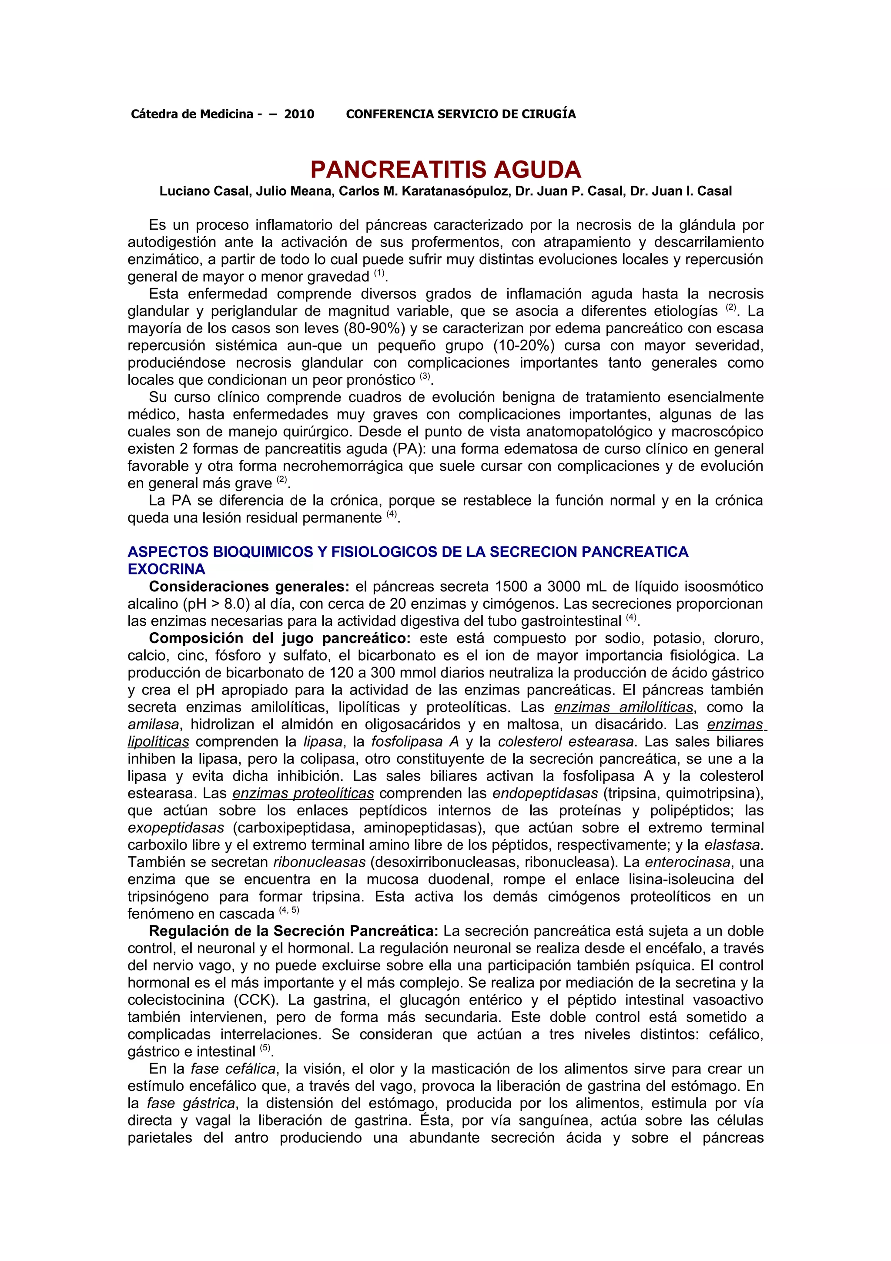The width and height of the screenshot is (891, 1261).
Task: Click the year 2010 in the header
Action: click(299, 114)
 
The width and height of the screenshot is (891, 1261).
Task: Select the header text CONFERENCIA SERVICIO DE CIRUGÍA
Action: click(461, 114)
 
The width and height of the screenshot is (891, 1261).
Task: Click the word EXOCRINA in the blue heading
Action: click(166, 569)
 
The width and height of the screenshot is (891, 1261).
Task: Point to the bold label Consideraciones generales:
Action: click(249, 587)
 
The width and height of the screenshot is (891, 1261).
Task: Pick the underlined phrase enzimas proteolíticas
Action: click(303, 793)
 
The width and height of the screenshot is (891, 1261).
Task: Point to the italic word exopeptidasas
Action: click(176, 828)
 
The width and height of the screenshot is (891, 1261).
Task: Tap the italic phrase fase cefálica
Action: click(233, 1069)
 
